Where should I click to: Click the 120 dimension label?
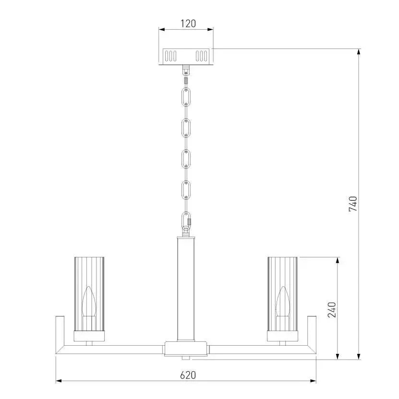point(188,24)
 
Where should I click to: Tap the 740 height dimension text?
point(353,204)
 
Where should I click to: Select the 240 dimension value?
point(332,310)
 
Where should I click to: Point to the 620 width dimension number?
point(188,375)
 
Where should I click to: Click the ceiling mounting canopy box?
point(186,57)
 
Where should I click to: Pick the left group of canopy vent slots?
point(170,56)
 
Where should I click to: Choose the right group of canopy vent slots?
point(201,56)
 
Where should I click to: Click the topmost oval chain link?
point(186,97)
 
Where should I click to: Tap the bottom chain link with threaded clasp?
point(186,220)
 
